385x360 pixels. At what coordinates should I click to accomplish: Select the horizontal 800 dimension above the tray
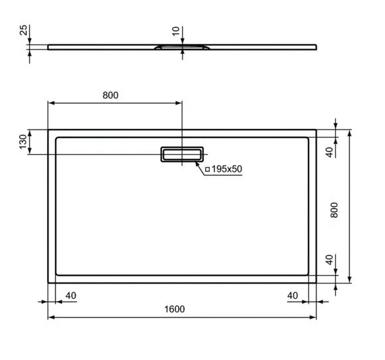tap(110, 95)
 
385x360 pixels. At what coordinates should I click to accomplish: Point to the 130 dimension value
tap(23, 141)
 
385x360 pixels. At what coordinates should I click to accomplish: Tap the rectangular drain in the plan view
tap(181, 154)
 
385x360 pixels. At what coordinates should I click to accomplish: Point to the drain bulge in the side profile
tap(182, 47)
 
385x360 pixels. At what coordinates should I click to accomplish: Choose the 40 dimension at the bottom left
tap(71, 294)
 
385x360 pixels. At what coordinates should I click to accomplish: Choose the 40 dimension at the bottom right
tap(293, 294)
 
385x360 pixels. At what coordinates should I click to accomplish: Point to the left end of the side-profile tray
tap(49, 46)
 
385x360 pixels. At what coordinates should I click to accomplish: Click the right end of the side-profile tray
tap(315, 46)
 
